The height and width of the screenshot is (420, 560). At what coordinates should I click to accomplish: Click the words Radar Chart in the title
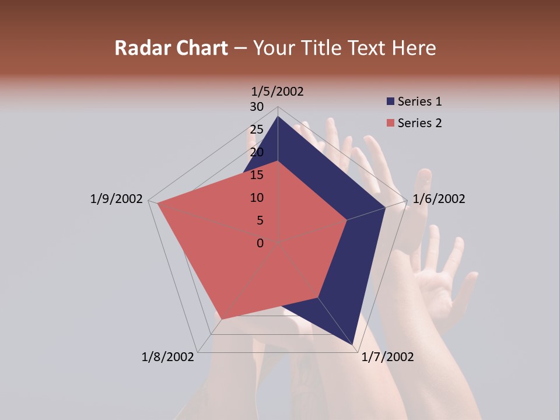(x=171, y=48)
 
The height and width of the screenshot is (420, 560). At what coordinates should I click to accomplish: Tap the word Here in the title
(x=414, y=48)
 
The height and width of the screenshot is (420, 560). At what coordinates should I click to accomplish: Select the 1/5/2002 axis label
(x=277, y=91)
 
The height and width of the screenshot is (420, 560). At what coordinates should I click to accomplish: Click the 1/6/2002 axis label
(x=439, y=199)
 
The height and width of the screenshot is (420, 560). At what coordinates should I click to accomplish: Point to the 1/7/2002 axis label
(x=387, y=357)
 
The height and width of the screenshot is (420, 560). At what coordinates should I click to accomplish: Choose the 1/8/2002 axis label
(x=167, y=357)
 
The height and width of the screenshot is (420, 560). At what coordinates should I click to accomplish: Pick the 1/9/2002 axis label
(x=116, y=199)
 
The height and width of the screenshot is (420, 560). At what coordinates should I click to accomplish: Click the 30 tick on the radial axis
(x=257, y=107)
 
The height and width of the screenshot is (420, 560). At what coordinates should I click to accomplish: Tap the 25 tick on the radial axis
(x=257, y=129)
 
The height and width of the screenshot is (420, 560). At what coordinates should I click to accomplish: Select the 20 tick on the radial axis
(x=257, y=152)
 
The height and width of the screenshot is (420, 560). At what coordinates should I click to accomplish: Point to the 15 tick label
(x=257, y=175)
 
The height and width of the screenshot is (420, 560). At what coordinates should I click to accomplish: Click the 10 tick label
(x=257, y=198)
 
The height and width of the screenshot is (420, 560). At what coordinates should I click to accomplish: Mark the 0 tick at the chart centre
(x=260, y=243)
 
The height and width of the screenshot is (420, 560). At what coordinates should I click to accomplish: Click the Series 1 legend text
(x=419, y=101)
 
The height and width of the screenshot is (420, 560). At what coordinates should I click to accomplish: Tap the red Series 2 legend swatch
(x=390, y=123)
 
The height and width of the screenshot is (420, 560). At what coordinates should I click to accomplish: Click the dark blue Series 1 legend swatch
(x=390, y=101)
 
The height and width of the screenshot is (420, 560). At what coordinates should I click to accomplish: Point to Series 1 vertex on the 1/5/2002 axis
(x=278, y=116)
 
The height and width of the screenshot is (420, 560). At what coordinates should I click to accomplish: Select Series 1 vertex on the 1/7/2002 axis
(x=354, y=346)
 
